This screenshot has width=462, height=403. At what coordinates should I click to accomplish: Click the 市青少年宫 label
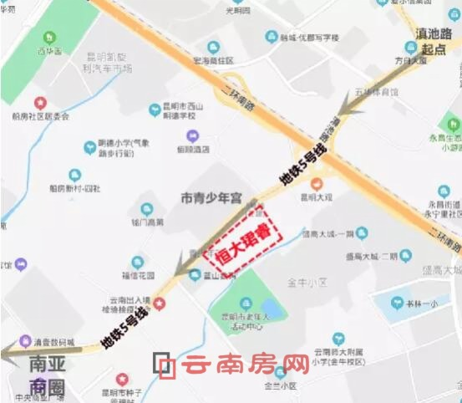pos(211,198)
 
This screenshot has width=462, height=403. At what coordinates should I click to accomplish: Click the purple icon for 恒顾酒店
pos(192,136)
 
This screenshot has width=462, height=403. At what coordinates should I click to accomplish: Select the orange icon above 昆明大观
pos(316,184)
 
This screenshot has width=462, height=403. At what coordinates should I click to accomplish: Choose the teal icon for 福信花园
pos(138,263)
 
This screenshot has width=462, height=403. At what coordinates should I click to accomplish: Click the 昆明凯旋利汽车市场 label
pos(109,64)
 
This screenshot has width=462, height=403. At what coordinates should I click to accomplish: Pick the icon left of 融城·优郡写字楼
pos(271,37)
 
